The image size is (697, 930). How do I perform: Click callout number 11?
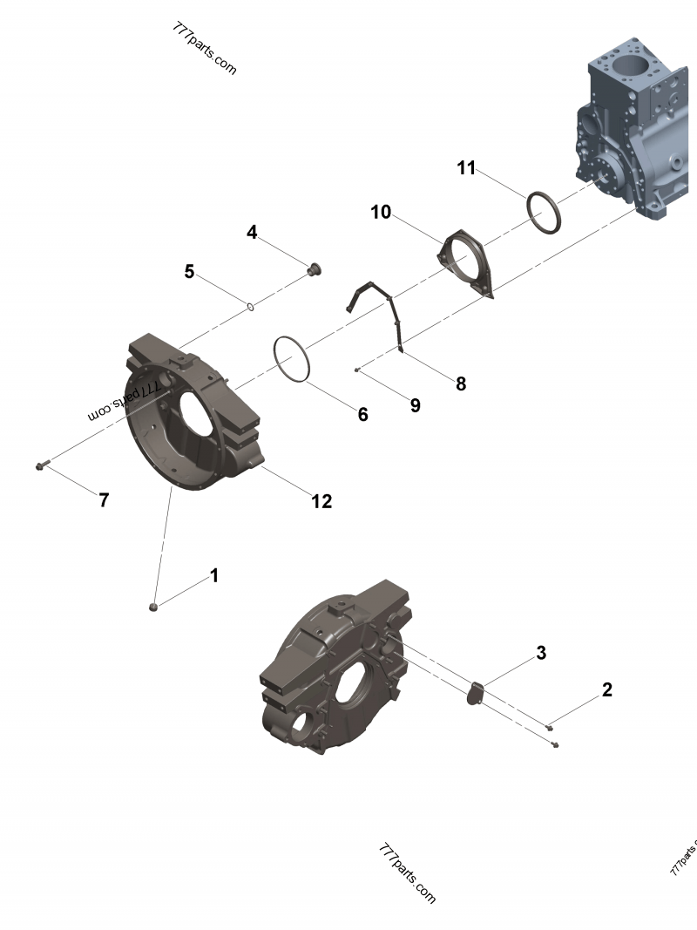(466, 168)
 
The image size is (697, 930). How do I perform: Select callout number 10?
(381, 212)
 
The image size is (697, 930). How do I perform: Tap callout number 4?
(252, 232)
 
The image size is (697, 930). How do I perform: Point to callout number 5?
(189, 272)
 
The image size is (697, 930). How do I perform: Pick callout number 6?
(362, 414)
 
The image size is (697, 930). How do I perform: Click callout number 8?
(461, 383)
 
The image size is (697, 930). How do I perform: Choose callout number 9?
(415, 404)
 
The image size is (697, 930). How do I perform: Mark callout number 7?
(104, 500)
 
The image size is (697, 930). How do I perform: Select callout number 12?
(321, 501)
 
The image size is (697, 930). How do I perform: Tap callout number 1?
(213, 576)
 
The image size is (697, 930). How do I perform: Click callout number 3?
(541, 652)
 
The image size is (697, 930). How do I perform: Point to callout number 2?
(606, 689)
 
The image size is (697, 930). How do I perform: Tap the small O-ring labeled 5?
(250, 306)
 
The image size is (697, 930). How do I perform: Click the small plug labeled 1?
(153, 606)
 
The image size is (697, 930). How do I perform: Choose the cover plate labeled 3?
(475, 690)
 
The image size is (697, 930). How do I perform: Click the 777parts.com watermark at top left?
(204, 49)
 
